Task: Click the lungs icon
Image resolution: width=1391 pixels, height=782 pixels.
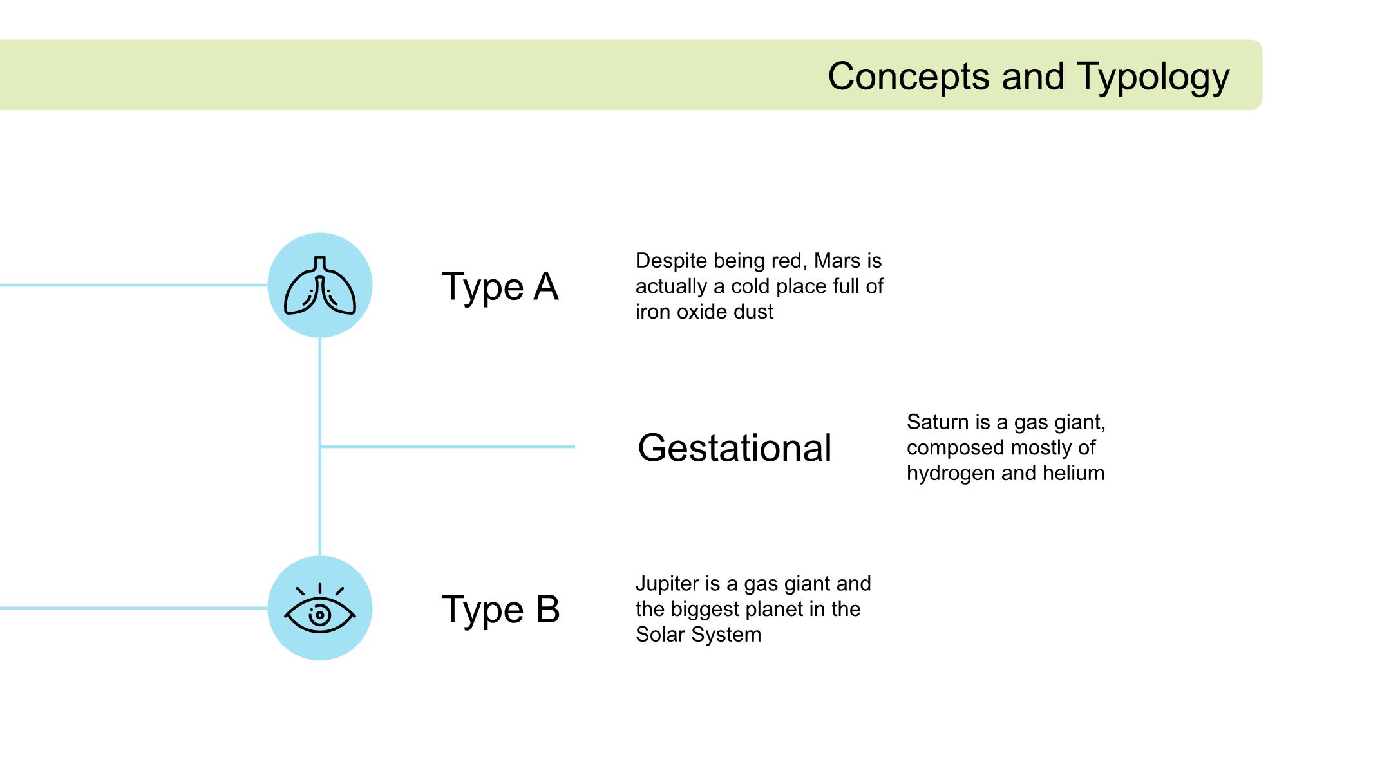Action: (x=320, y=285)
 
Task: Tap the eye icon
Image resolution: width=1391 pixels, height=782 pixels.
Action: (x=320, y=609)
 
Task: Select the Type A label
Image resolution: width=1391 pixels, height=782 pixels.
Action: (x=500, y=286)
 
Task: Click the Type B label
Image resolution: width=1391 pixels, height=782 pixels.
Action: (x=500, y=609)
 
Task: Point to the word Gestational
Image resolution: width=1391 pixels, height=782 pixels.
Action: (x=735, y=448)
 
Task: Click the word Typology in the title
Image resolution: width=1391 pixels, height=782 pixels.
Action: (x=1153, y=77)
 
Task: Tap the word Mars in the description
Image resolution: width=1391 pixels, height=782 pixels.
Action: (x=837, y=261)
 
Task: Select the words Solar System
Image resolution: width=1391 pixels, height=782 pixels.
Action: (x=698, y=635)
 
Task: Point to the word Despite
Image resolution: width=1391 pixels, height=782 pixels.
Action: (x=672, y=261)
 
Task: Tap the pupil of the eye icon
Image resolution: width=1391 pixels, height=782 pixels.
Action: (x=320, y=615)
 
